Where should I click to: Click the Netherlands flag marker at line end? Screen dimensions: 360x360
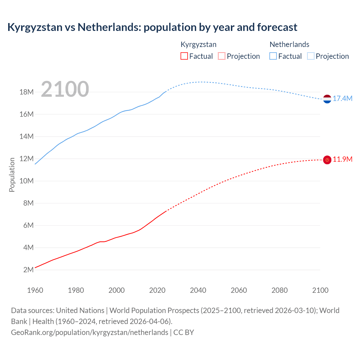click(x=327, y=99)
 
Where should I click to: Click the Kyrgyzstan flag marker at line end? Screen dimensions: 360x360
click(x=327, y=160)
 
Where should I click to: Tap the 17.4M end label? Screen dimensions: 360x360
click(x=343, y=99)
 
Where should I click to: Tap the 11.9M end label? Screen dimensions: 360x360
click(x=343, y=159)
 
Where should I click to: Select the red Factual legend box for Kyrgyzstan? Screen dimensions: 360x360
click(x=184, y=56)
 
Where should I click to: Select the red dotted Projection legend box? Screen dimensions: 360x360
click(x=222, y=56)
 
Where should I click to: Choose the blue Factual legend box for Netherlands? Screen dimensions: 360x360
click(x=273, y=56)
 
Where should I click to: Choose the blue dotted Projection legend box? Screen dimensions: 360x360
click(x=311, y=56)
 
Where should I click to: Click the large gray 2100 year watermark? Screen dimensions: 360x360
click(x=65, y=89)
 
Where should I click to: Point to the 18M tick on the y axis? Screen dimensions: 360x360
click(x=27, y=92)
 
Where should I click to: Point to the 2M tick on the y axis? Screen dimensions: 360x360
click(x=28, y=270)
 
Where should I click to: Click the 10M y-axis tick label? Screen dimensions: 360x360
click(x=27, y=181)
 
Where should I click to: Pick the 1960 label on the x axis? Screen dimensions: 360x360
click(x=35, y=290)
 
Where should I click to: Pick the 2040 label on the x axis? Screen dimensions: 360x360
click(x=198, y=290)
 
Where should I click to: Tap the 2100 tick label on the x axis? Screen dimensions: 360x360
click(x=320, y=290)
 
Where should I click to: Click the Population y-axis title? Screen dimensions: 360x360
click(x=12, y=175)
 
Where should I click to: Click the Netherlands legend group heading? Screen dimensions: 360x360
click(x=289, y=44)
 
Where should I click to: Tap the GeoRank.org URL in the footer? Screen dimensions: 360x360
click(x=89, y=332)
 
